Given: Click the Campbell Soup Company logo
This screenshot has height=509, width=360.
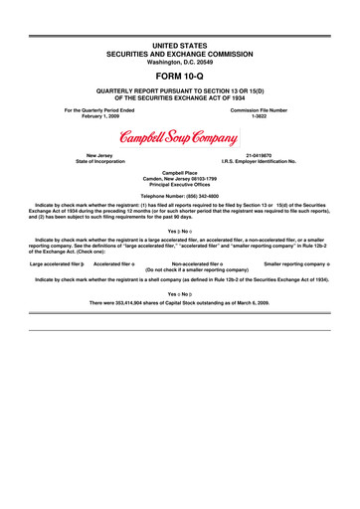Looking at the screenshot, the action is (179, 135).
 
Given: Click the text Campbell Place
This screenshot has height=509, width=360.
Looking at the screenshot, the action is (179, 173).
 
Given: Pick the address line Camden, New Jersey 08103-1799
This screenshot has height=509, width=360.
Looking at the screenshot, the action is (179, 180).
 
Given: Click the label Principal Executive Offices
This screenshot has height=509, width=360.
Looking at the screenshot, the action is (179, 186).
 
